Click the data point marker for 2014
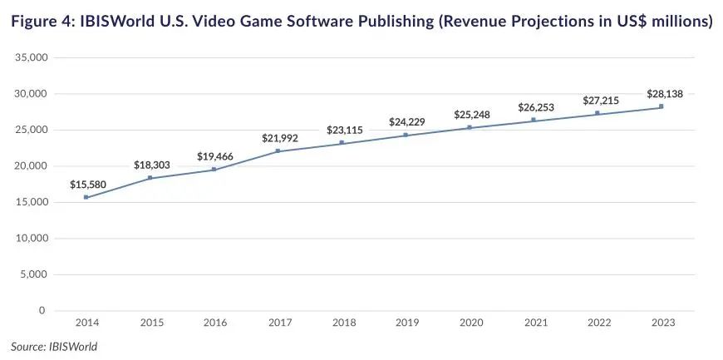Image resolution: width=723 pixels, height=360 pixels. (x=86, y=197)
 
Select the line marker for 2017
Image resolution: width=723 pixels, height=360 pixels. (x=278, y=150)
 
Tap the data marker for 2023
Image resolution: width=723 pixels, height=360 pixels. (x=661, y=106)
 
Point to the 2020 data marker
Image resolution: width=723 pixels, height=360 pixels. (x=470, y=127)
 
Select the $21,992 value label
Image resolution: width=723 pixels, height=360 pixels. (x=278, y=137)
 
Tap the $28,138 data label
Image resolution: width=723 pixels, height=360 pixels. (x=666, y=94)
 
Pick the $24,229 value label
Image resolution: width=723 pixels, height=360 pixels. (x=406, y=122)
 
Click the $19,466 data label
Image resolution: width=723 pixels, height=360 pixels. (x=214, y=156)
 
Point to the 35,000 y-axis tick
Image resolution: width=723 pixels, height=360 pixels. (x=30, y=57)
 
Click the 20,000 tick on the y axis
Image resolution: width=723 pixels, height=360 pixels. (x=30, y=166)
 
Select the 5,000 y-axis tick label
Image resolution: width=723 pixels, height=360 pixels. (x=32, y=274)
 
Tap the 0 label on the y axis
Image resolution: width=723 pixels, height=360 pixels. (x=42, y=311)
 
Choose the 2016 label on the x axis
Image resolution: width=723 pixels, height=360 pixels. (x=214, y=323)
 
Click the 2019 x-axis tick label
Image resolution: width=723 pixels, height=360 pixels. (x=406, y=323)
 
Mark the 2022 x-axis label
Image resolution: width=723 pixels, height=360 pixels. (x=598, y=323)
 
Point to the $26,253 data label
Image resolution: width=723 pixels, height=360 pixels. (x=534, y=107)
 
